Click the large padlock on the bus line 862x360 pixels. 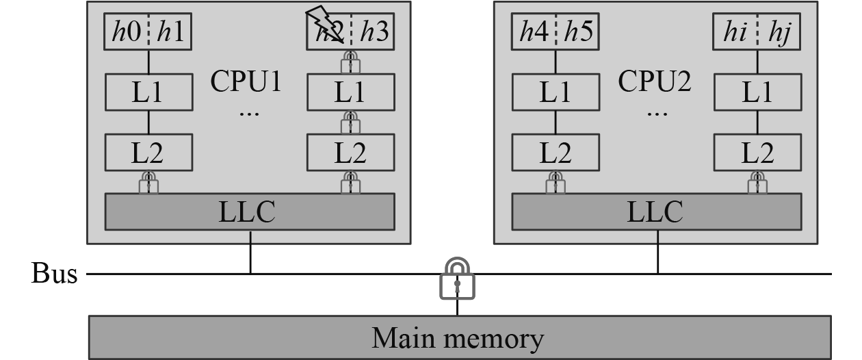457,279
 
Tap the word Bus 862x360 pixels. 54,274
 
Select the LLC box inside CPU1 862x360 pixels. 250,211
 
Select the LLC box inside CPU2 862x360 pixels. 657,211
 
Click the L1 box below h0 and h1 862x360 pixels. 148,92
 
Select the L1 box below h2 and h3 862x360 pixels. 351,92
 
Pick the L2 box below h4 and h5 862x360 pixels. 556,153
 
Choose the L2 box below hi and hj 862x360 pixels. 757,153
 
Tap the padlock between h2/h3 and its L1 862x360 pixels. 351,62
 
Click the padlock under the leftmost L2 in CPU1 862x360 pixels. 148,183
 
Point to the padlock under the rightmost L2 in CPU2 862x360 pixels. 757,183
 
